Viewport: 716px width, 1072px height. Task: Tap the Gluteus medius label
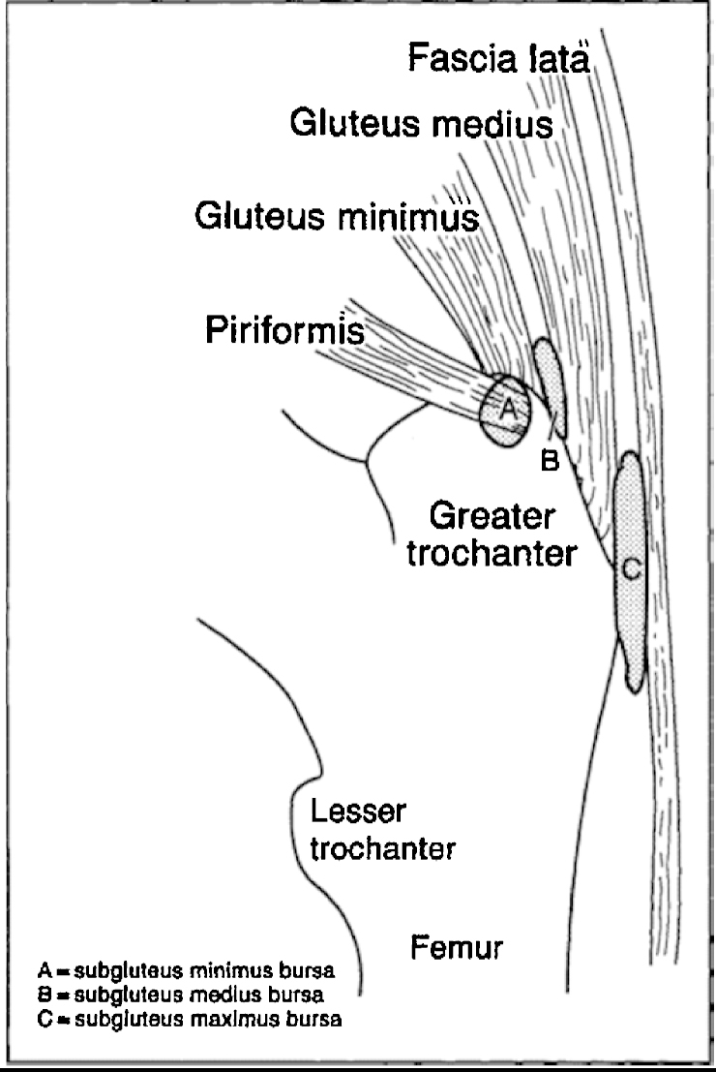tap(422, 124)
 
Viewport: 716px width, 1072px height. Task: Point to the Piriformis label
tap(284, 332)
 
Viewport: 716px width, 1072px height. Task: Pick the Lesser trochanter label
tap(382, 830)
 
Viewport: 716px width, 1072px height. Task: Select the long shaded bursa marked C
tap(629, 571)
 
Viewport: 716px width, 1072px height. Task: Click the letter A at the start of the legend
tap(44, 969)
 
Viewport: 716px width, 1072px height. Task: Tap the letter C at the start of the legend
tap(44, 1018)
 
